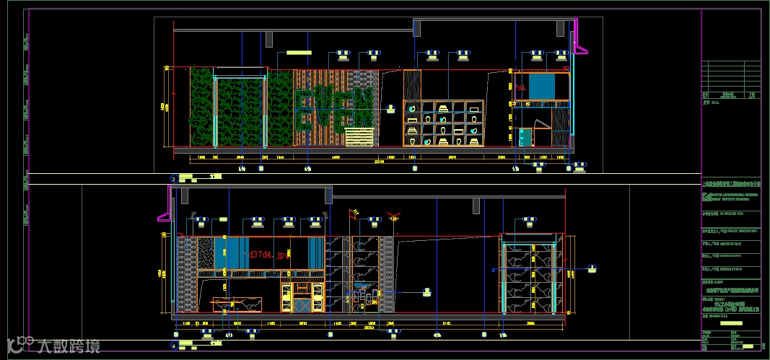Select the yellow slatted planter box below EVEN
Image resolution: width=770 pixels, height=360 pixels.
(360, 136)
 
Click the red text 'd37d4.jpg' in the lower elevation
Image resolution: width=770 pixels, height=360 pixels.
(268, 255)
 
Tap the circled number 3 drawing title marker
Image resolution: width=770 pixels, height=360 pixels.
(173, 177)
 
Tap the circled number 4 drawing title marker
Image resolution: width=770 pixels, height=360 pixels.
(173, 346)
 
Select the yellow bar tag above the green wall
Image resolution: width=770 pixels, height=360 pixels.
(297, 53)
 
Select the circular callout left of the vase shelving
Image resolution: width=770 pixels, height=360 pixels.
(391, 108)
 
